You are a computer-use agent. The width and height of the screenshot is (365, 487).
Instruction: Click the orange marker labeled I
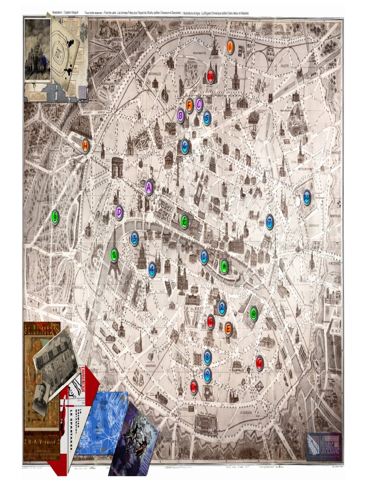click(230, 47)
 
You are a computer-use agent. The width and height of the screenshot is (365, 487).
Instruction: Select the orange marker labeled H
click(86, 146)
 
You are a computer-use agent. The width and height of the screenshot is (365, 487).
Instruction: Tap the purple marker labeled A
click(149, 187)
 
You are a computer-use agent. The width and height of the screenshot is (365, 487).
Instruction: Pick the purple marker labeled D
click(119, 212)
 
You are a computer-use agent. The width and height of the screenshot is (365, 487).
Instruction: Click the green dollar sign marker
click(56, 217)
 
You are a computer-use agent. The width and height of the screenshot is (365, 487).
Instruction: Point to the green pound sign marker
click(184, 221)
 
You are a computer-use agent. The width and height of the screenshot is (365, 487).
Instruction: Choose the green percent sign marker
click(114, 255)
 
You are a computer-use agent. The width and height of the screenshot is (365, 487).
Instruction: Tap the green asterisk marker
click(224, 266)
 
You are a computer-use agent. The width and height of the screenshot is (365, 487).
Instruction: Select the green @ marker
click(254, 313)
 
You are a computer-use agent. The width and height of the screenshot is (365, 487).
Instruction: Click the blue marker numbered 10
click(307, 197)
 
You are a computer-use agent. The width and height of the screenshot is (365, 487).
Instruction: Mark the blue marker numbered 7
click(269, 221)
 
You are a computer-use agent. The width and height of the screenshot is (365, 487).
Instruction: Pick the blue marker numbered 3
click(134, 238)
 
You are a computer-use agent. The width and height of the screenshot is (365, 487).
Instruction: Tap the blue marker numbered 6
click(185, 146)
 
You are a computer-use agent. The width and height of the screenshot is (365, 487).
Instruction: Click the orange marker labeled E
click(228, 328)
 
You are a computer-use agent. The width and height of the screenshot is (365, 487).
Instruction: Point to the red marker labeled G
click(259, 363)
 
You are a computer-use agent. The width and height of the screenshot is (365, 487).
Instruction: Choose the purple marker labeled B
click(181, 116)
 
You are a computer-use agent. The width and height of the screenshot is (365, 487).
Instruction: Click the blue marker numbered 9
click(208, 375)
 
